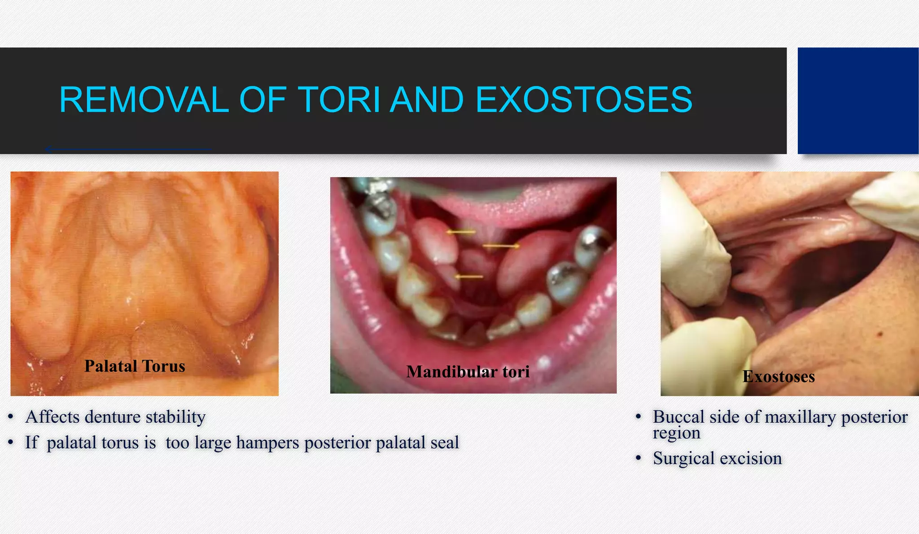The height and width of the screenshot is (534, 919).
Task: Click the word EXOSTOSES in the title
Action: [583, 100]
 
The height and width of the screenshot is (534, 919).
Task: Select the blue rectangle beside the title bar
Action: [858, 101]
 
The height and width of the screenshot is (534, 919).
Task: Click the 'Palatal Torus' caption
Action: [135, 366]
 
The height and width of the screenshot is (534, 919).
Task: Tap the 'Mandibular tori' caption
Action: [468, 372]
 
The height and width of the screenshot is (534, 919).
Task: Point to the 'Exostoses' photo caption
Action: [779, 377]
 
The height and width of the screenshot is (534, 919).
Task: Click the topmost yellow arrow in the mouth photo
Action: [461, 232]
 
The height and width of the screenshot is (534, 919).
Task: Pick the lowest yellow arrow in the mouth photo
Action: [469, 277]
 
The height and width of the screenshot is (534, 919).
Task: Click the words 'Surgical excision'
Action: [717, 458]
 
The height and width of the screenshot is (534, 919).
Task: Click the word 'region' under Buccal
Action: [676, 433]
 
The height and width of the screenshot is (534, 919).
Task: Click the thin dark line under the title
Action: [128, 149]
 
